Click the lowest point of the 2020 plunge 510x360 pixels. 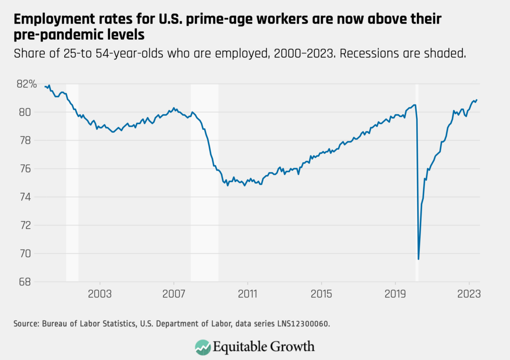(418, 259)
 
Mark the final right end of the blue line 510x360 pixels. (476, 100)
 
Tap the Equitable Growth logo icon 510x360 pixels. (203, 346)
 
